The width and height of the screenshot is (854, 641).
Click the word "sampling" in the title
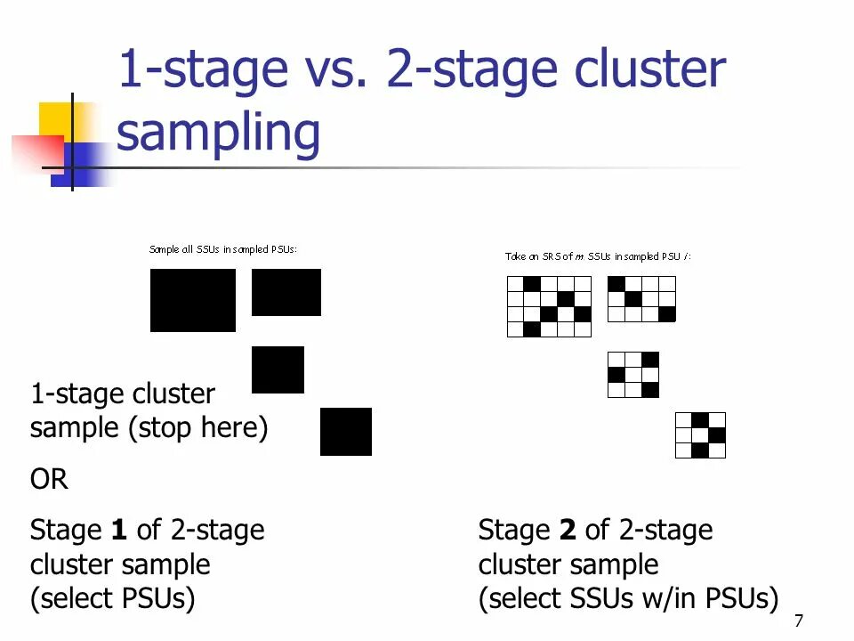point(218,134)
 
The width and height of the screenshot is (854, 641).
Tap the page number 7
point(798,621)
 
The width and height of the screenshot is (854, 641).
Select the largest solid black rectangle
point(193,300)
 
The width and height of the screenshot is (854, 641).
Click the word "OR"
point(49,480)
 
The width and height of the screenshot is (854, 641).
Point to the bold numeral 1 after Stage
point(118,531)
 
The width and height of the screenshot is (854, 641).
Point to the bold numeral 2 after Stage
point(567,531)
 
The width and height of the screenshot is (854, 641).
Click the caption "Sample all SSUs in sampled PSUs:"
point(222,250)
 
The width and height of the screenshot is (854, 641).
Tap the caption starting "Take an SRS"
point(598,256)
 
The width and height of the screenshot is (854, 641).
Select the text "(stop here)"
point(197,428)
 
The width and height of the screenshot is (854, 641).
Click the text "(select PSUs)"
point(112,598)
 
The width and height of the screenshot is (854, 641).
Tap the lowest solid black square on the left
point(346,432)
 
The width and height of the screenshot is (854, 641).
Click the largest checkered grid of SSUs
point(549,306)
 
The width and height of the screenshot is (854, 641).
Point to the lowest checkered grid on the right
point(700,435)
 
